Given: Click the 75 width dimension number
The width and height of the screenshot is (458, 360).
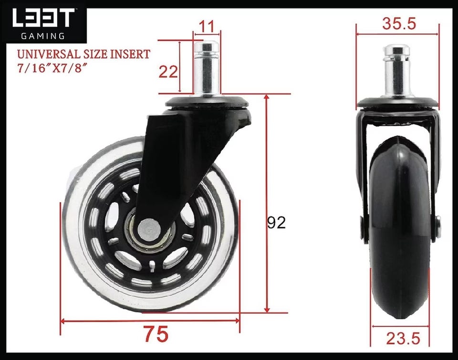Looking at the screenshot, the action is (x=156, y=334).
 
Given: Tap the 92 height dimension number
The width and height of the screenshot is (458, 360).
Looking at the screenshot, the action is (x=276, y=222).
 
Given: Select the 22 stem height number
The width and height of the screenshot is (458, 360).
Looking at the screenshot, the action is (x=168, y=72).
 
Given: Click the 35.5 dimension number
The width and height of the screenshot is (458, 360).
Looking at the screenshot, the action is (x=399, y=23).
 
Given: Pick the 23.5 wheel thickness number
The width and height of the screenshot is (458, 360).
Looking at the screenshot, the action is (x=403, y=339).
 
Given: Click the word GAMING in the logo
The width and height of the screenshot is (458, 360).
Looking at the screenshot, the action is (x=43, y=36).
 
